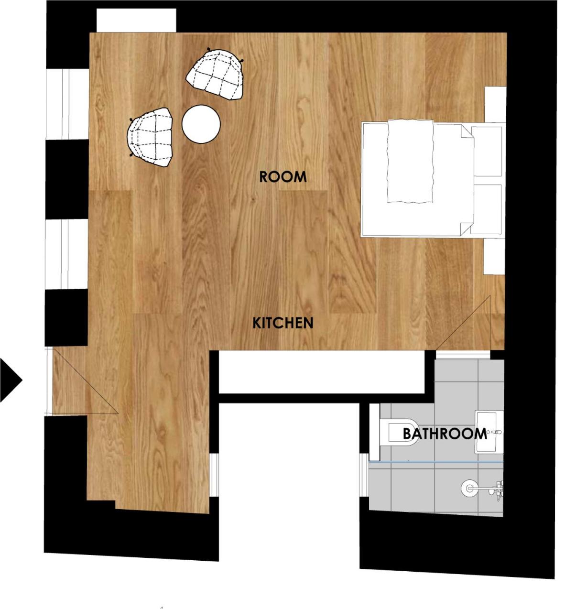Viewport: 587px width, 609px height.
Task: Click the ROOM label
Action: click(283, 177)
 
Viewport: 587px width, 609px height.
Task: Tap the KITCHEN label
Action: click(283, 323)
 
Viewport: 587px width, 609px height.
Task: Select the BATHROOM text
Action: click(445, 434)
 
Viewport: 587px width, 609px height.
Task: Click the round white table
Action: click(201, 124)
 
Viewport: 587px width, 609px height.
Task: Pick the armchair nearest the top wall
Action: click(215, 74)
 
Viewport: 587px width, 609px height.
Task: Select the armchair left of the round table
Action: click(150, 137)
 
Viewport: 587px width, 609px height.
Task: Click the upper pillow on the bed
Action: click(487, 151)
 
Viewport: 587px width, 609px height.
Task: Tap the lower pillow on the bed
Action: click(486, 209)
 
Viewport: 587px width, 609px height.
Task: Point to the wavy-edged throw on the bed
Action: click(411, 161)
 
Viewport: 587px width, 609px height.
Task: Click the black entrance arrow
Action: click(11, 380)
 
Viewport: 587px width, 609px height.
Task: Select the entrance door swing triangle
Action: click(85, 382)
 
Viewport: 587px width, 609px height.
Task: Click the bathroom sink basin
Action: click(489, 432)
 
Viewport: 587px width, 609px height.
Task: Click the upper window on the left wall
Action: click(67, 104)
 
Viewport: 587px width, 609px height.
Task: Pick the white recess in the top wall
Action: click(136, 20)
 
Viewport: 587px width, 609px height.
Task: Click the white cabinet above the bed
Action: click(495, 104)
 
